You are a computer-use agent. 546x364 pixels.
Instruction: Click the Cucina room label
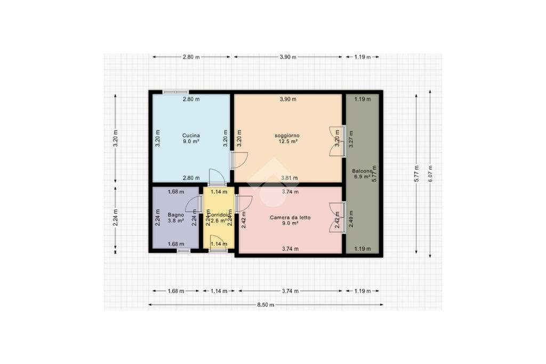(x=191, y=135)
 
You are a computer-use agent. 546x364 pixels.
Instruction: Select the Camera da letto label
(x=290, y=217)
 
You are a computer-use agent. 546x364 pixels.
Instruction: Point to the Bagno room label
(x=175, y=214)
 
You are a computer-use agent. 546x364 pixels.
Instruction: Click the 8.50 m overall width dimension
(x=266, y=305)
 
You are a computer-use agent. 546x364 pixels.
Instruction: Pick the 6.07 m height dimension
(x=430, y=173)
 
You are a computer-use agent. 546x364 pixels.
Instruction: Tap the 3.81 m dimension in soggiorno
(x=290, y=178)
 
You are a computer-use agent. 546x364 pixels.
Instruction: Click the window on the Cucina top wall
(x=175, y=92)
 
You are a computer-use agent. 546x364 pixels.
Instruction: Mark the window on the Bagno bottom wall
(x=183, y=250)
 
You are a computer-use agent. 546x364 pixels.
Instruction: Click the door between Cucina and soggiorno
(x=238, y=160)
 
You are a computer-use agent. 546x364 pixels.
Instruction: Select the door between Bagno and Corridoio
(x=193, y=204)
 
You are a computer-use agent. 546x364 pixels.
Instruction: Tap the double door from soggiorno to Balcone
(x=338, y=141)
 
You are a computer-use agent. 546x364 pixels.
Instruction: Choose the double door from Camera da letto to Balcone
(x=338, y=217)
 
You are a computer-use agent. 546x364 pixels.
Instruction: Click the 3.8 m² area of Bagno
(x=175, y=220)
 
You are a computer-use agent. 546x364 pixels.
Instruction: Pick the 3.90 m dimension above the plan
(x=288, y=57)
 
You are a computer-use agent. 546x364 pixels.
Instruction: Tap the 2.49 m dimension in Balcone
(x=350, y=219)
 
